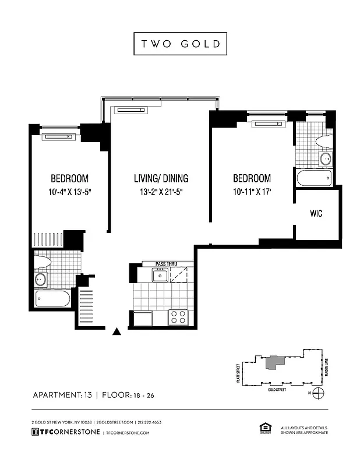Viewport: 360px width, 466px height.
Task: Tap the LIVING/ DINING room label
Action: pos(161,178)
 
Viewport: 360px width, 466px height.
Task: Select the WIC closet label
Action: pos(316,214)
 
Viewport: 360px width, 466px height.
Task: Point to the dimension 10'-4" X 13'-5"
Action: pos(69,191)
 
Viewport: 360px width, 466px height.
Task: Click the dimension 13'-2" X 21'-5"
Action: pos(161,191)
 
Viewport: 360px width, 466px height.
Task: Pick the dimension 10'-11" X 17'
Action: pos(252,191)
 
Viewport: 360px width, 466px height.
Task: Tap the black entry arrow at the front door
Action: pos(117,331)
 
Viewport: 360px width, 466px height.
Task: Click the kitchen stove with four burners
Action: pos(178,317)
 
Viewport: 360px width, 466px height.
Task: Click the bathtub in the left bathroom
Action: pos(53,299)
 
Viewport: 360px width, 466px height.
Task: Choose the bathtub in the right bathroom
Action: pos(313,178)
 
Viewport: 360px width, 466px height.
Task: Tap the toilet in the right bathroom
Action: pos(324,142)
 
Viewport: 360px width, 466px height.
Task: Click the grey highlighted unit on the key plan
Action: pos(273,362)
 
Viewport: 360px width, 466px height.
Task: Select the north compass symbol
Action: pos(317,393)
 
